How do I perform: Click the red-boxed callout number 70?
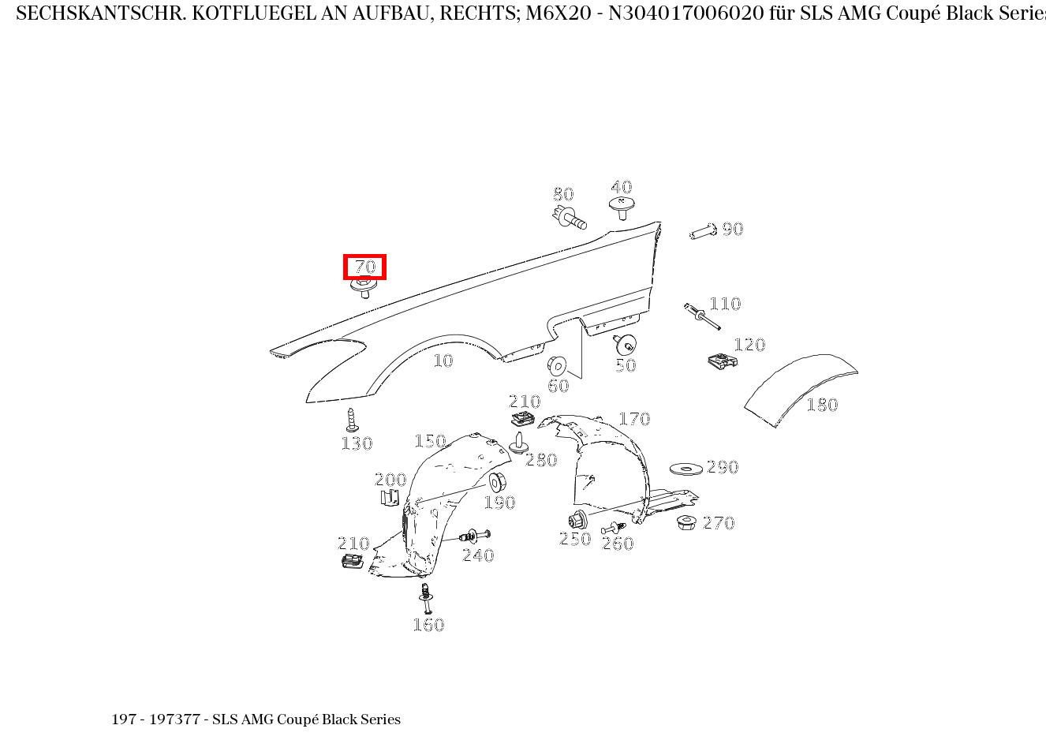pyautogui.click(x=364, y=267)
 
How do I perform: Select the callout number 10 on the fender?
pyautogui.click(x=443, y=361)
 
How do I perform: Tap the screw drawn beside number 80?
pyautogui.click(x=570, y=217)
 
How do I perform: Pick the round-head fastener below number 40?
pyautogui.click(x=622, y=207)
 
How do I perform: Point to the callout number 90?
pyautogui.click(x=733, y=229)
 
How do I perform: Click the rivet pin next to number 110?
pyautogui.click(x=702, y=316)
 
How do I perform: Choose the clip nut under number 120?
pyautogui.click(x=723, y=361)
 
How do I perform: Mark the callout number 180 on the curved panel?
pyautogui.click(x=822, y=404)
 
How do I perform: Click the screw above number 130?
pyautogui.click(x=351, y=420)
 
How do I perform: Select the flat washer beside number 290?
pyautogui.click(x=686, y=469)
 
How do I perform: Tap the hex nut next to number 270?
pyautogui.click(x=686, y=522)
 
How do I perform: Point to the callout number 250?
pyautogui.click(x=575, y=539)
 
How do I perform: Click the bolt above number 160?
pyautogui.click(x=426, y=599)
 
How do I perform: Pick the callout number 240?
pyautogui.click(x=478, y=555)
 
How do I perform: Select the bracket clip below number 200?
pyautogui.click(x=390, y=498)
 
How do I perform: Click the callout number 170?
pyautogui.click(x=634, y=419)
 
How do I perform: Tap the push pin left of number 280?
pyautogui.click(x=518, y=443)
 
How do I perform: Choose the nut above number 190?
pyautogui.click(x=497, y=482)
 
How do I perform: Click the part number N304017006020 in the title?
pyautogui.click(x=686, y=13)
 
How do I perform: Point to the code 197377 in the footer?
pyautogui.click(x=174, y=719)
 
